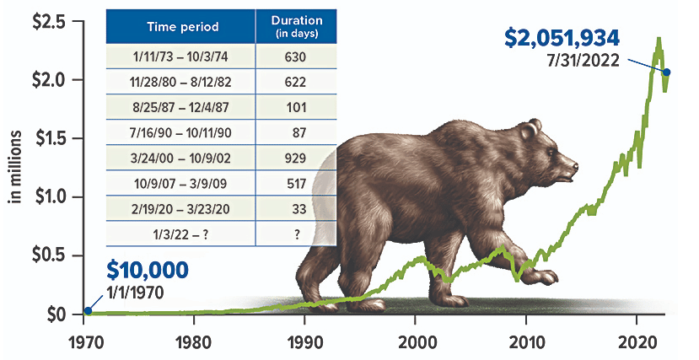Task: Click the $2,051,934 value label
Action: point(562,38)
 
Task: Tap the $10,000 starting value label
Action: point(148,271)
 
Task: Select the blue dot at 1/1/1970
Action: point(89,310)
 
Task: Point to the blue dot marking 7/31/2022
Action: point(667,73)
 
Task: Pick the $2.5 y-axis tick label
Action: point(50,21)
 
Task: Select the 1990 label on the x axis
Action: point(304,342)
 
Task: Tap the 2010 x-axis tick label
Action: point(526,342)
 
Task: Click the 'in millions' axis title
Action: point(16,167)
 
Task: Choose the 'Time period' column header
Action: point(183,27)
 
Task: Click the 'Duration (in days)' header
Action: point(297,27)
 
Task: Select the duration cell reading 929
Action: point(295,159)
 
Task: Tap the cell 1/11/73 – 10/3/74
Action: point(180,57)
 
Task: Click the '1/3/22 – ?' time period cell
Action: point(180,234)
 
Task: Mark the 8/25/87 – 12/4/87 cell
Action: point(180,107)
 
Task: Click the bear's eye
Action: point(551,153)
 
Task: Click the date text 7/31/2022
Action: point(583,60)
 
